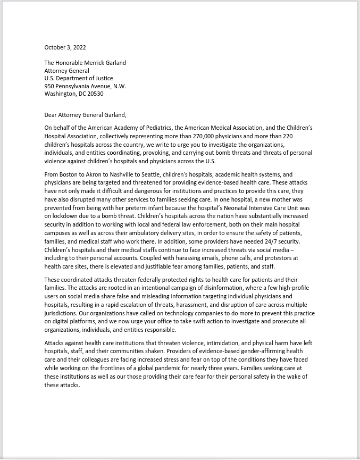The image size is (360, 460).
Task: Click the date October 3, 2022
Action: [65, 47]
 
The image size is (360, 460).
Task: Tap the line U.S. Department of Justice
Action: [79, 78]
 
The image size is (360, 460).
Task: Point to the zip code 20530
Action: [94, 94]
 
